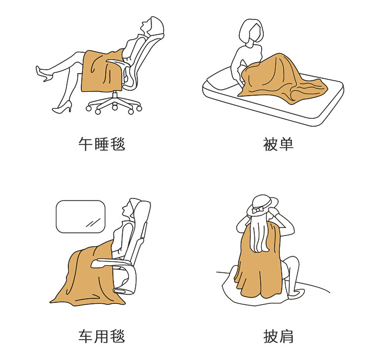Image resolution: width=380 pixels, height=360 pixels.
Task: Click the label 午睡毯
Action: pyautogui.click(x=101, y=144)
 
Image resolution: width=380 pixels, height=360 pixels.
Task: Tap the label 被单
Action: pyautogui.click(x=278, y=144)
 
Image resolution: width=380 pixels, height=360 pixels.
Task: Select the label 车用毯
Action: pyautogui.click(x=101, y=336)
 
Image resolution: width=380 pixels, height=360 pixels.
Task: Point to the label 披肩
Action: pyautogui.click(x=278, y=336)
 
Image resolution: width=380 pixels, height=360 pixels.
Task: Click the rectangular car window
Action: pyautogui.click(x=80, y=216)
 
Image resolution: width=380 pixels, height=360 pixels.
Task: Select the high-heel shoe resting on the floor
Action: pyautogui.click(x=63, y=108)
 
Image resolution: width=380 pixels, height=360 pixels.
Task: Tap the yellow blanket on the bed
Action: pyautogui.click(x=281, y=79)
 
